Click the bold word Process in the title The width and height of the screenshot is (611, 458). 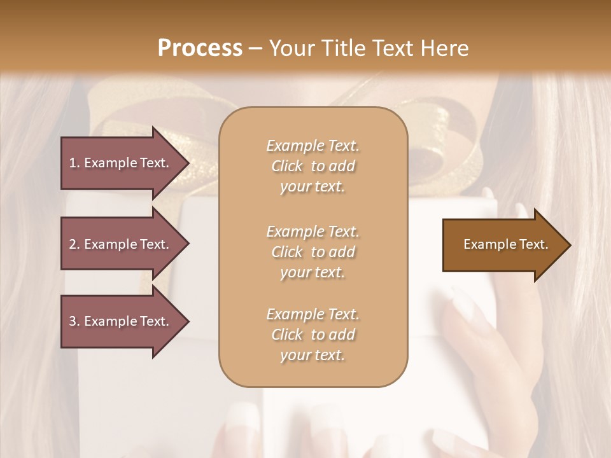[200, 48]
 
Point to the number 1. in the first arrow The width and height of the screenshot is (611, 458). [74, 163]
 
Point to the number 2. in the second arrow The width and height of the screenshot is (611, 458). [74, 244]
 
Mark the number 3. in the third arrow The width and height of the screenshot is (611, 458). [74, 321]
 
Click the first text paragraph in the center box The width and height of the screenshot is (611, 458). [313, 166]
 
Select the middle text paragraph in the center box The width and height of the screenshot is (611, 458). [313, 252]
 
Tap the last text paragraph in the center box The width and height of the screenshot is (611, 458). [313, 335]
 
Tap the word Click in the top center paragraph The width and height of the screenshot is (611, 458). [287, 166]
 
